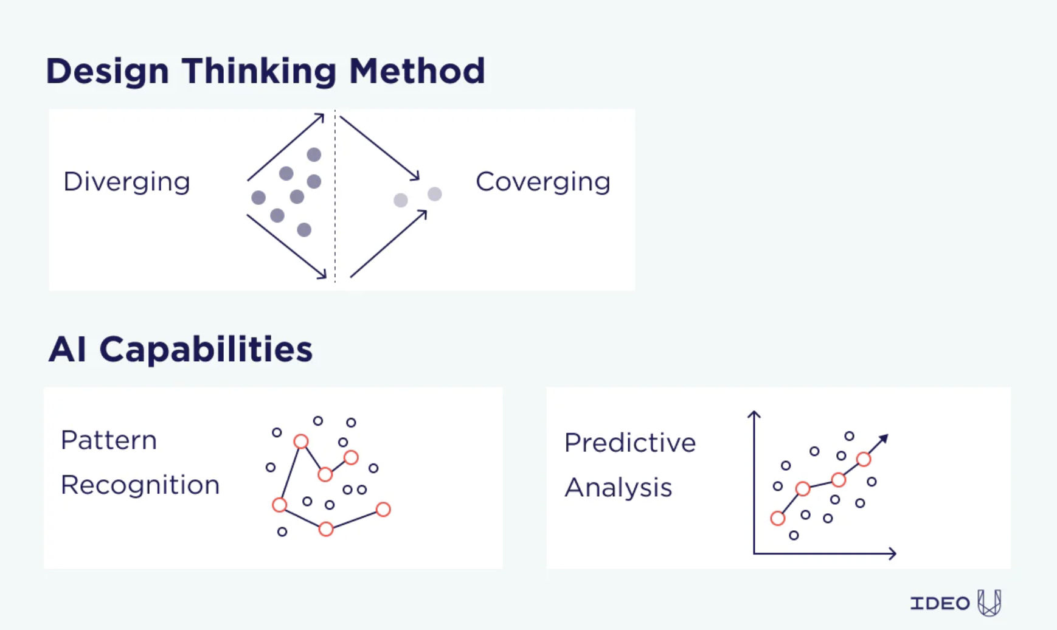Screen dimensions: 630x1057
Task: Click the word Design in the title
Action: pos(107,71)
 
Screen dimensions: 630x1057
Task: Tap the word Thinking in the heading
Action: pos(258,71)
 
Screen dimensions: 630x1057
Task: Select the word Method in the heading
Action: pos(417,71)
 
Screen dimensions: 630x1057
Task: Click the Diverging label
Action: pos(126,182)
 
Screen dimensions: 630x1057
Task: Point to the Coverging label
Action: pos(542,182)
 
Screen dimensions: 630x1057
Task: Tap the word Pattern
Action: pos(109,440)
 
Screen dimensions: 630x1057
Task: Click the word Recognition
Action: pos(140,485)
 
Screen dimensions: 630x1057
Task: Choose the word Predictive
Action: pos(629,443)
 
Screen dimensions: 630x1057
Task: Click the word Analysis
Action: pos(618,488)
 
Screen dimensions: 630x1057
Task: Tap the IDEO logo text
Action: pos(940,603)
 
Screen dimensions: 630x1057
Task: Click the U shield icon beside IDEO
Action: pos(989,603)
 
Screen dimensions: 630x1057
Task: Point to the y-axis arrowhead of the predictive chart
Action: pos(754,414)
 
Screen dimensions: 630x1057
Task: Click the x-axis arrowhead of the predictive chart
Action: pos(893,553)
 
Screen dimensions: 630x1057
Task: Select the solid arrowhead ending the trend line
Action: pos(884,438)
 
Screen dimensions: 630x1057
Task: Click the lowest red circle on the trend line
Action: pos(777,519)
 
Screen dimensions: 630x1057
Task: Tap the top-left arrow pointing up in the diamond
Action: pos(286,147)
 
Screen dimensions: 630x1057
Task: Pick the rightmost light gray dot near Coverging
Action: pos(434,194)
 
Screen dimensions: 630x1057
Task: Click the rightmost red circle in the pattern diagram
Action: pos(383,510)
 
